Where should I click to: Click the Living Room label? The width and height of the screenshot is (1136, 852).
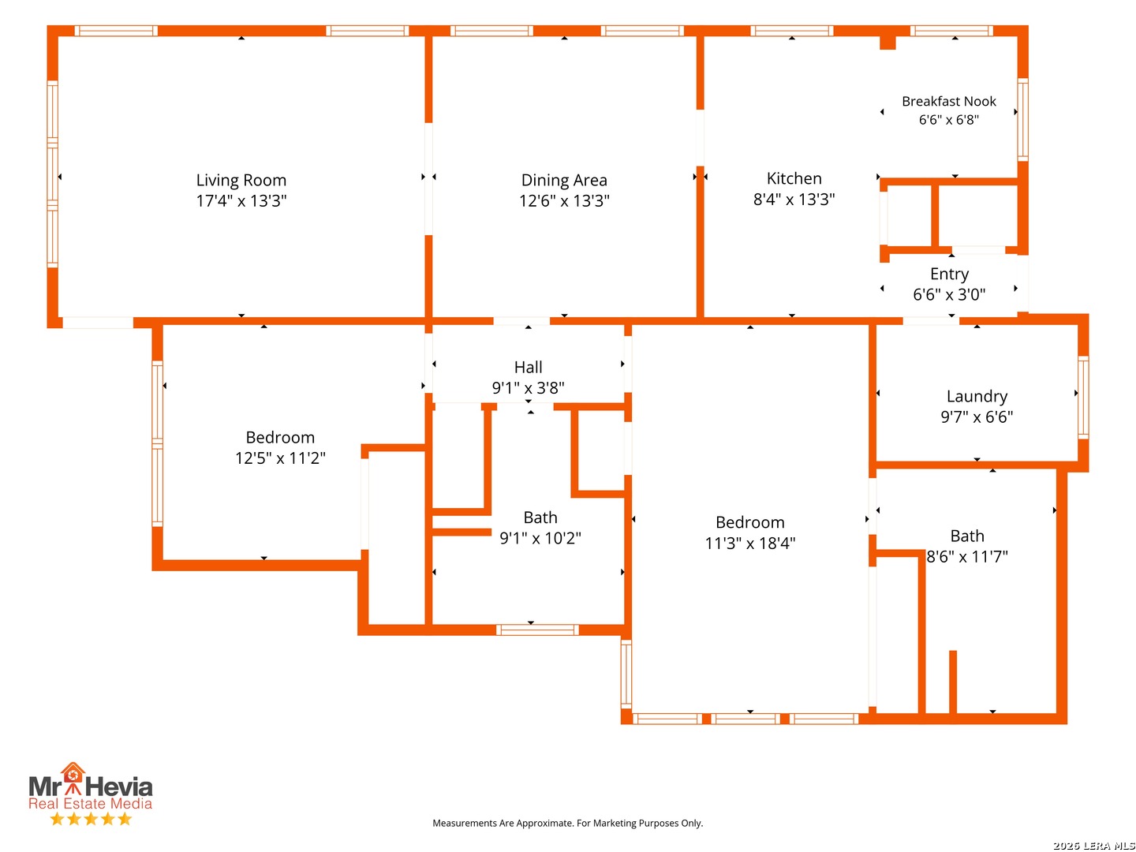tap(241, 180)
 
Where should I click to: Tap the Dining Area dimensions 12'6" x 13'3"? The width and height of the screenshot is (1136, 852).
tap(563, 200)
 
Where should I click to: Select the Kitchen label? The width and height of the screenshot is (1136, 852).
tap(794, 178)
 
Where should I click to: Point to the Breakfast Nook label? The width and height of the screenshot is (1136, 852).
tap(948, 101)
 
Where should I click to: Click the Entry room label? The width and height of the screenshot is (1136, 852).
tap(949, 274)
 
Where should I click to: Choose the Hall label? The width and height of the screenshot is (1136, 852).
tap(528, 367)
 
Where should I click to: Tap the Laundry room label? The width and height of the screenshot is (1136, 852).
tap(976, 396)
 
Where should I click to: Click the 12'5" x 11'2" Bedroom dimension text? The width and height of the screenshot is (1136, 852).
tap(280, 458)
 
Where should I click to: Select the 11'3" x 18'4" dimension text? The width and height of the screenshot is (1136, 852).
tap(749, 543)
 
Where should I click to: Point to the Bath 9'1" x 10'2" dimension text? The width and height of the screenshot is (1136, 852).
tap(540, 538)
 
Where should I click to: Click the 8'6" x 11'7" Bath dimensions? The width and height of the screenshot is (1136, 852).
tap(966, 557)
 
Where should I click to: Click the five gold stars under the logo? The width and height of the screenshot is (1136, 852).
tap(91, 819)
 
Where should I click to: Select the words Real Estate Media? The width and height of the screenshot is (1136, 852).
tap(90, 803)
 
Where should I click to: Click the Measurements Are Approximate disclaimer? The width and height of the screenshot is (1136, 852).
tap(567, 823)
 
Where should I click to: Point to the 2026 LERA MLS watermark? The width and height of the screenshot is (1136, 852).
tap(1093, 845)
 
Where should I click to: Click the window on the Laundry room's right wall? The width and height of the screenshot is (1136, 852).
tap(1082, 398)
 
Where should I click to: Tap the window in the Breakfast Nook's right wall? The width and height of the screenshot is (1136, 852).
tap(1022, 119)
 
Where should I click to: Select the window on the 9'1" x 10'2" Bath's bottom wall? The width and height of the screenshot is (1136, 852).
tap(536, 630)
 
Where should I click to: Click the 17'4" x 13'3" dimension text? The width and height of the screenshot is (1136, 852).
tap(241, 200)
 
